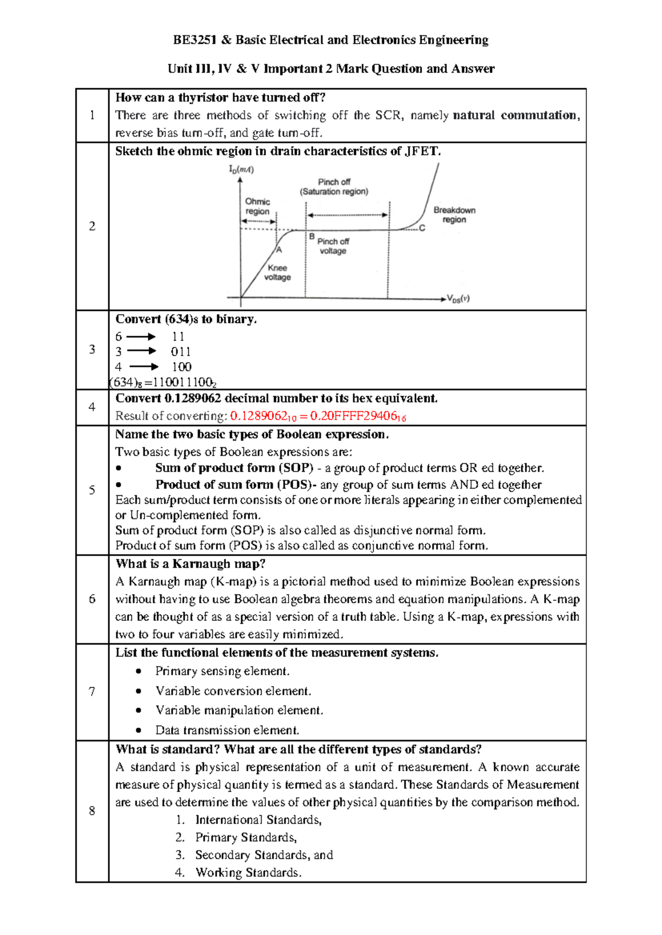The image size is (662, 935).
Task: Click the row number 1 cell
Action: point(92,115)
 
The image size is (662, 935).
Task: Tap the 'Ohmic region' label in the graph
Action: point(258,207)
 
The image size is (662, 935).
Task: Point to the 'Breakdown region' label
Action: point(454,215)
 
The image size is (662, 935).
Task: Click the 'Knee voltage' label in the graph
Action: point(277,272)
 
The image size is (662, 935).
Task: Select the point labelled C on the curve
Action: point(423,228)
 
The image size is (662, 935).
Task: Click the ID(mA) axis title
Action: point(242,170)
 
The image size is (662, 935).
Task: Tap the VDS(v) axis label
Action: point(458,299)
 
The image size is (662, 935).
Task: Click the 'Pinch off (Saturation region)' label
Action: point(334,187)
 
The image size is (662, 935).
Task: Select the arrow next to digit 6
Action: point(141,337)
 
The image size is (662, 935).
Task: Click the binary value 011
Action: point(180,352)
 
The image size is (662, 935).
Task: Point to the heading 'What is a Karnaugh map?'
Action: point(190,564)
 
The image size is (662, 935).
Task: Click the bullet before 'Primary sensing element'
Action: point(138,671)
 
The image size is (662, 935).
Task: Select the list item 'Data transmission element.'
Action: point(227,730)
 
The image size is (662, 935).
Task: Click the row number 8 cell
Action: point(92,811)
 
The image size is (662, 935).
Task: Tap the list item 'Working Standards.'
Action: point(248,873)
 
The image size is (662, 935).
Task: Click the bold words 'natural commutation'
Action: point(516,115)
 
